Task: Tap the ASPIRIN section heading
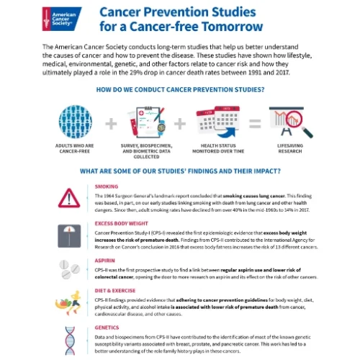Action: [105, 264]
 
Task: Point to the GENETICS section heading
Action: [107, 328]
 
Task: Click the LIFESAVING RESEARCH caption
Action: [285, 149]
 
